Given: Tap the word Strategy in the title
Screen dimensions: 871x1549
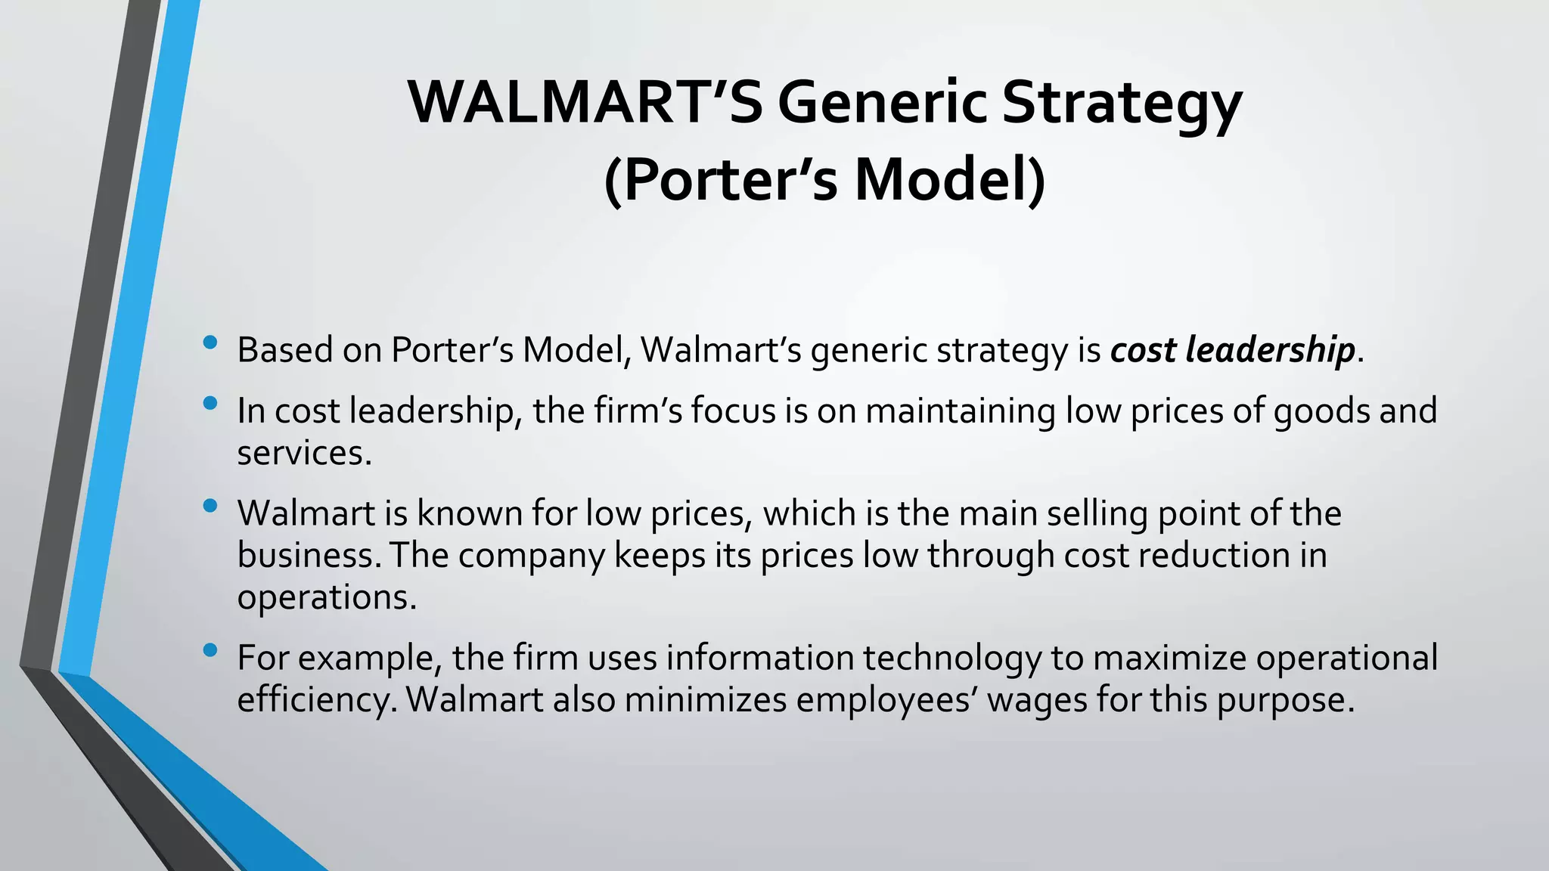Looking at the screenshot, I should [x=1122, y=103].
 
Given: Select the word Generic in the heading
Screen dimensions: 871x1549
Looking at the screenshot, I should [x=882, y=103].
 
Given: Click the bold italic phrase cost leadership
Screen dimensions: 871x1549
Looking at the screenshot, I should [x=1232, y=350].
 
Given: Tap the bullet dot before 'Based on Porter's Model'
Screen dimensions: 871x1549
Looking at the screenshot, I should [x=210, y=343].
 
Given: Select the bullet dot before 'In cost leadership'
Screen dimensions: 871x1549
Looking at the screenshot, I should [x=210, y=404].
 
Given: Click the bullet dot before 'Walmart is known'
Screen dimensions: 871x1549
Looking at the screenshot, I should [x=210, y=506].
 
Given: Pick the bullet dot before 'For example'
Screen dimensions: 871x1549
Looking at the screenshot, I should [x=210, y=650].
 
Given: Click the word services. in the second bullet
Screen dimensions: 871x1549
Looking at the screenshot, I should [x=304, y=454].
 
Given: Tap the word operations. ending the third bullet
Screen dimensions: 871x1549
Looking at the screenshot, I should [x=327, y=598].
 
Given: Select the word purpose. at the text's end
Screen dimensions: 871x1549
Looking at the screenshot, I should [x=1285, y=700].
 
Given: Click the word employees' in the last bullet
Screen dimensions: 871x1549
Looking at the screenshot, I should [x=886, y=700].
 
